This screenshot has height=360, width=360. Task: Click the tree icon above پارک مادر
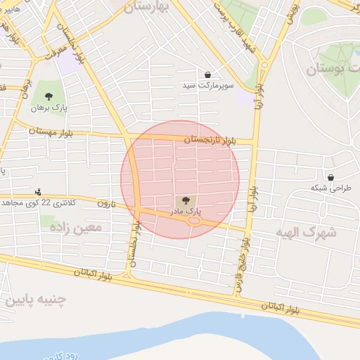pyautogui.click(x=186, y=200)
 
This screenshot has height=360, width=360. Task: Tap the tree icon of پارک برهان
pyautogui.click(x=49, y=97)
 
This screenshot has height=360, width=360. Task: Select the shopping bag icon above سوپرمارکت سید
pyautogui.click(x=207, y=75)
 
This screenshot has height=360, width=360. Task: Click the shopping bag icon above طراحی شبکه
pyautogui.click(x=330, y=177)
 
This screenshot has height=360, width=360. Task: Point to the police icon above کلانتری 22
pyautogui.click(x=38, y=192)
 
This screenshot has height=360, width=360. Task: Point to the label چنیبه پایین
pyautogui.click(x=35, y=300)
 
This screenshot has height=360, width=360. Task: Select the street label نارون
pyautogui.click(x=105, y=203)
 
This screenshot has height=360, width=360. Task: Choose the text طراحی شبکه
pyautogui.click(x=330, y=188)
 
